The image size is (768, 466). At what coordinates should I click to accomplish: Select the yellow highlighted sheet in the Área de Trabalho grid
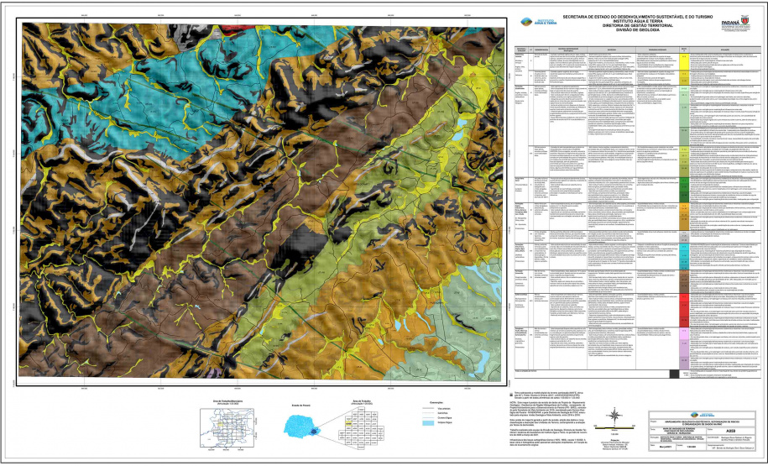point(347,426)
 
